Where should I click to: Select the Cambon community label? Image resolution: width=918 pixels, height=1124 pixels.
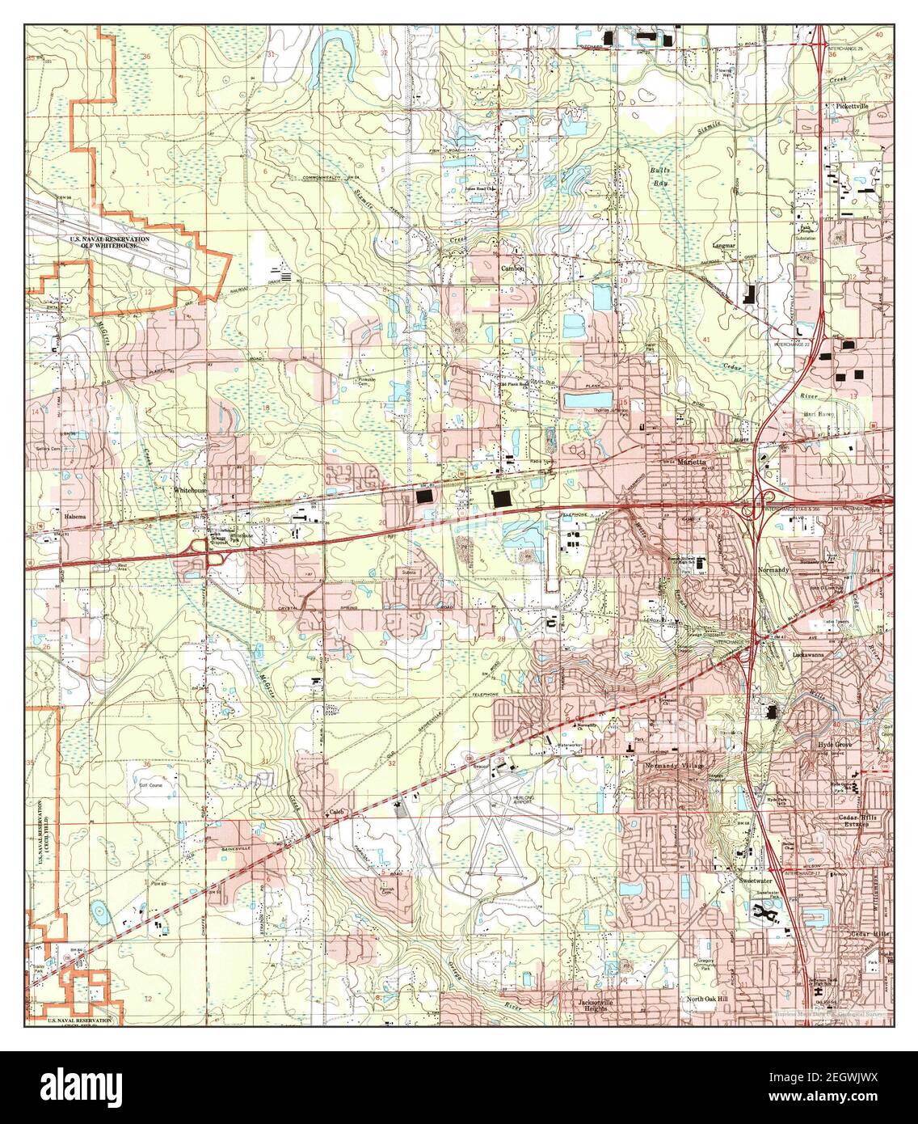click(512, 268)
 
